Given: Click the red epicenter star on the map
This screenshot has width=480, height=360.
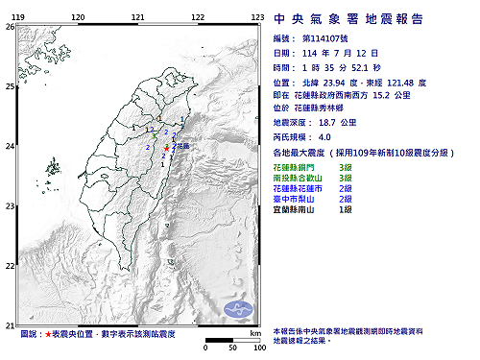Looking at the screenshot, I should tap(166, 149).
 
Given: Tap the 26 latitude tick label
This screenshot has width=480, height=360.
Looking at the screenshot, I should tap(8, 28).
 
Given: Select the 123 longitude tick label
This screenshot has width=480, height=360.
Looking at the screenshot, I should tap(258, 17).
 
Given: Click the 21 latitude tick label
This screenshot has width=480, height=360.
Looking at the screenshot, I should tap(8, 324).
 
